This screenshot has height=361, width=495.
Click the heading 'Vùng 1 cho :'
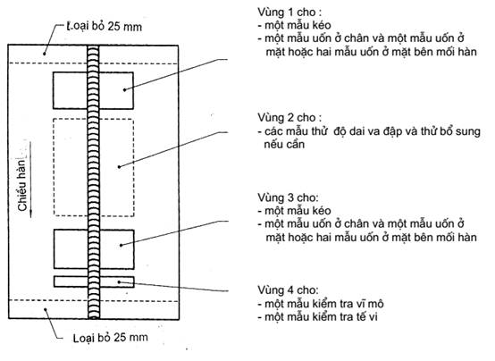click(x=289, y=13)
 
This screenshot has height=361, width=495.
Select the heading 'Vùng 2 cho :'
click(x=289, y=117)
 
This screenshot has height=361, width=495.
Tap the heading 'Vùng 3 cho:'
click(x=289, y=197)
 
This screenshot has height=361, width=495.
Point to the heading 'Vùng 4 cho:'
click(x=289, y=290)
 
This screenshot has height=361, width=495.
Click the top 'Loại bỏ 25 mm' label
click(x=105, y=26)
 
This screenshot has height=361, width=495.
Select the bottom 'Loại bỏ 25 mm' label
click(x=111, y=338)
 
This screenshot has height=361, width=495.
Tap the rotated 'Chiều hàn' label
click(x=21, y=184)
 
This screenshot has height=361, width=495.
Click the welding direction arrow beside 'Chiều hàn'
click(x=30, y=180)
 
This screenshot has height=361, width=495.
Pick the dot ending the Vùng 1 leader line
click(x=125, y=90)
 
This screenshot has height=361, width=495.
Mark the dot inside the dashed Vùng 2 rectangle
click(x=119, y=167)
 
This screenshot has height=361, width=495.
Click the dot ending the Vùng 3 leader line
click(x=121, y=245)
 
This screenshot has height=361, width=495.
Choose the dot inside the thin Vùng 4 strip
click(x=119, y=281)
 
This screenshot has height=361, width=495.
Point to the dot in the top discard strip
click(x=45, y=54)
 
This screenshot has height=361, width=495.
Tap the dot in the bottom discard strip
click(x=46, y=309)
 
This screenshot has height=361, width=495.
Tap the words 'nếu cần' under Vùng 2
click(x=284, y=145)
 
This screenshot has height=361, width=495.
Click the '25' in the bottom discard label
click(x=120, y=337)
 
